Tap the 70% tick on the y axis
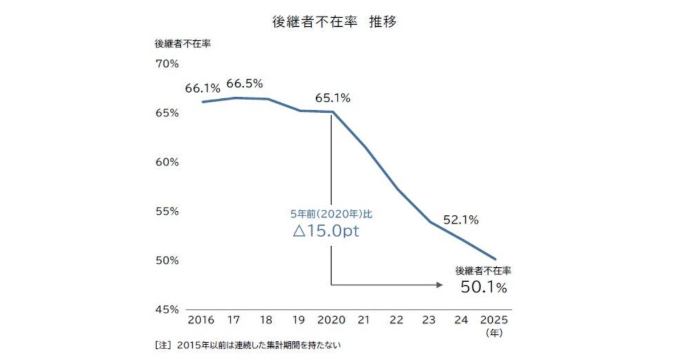click(167, 63)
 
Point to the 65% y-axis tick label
click(167, 113)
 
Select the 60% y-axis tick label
click(167, 162)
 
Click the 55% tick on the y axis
click(167, 211)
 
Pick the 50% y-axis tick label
click(167, 260)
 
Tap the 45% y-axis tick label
click(167, 309)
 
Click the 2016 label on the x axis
click(201, 320)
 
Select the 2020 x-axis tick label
click(332, 320)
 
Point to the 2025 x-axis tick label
click(493, 320)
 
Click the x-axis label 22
click(397, 320)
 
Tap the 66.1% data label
click(202, 89)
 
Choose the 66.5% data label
click(245, 83)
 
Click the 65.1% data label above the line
click(332, 98)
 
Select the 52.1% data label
click(460, 219)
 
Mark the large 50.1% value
click(484, 287)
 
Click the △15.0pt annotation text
click(326, 233)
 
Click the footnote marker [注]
click(163, 345)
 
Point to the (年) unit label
click(493, 332)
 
